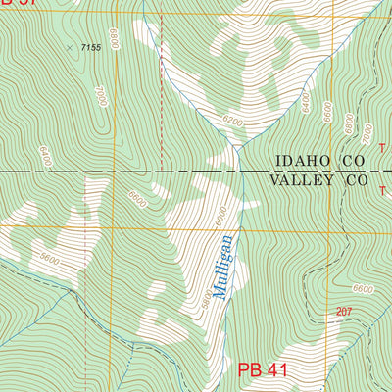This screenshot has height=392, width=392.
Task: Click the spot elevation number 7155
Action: [x=91, y=47]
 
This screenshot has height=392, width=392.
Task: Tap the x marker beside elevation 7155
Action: [x=70, y=46]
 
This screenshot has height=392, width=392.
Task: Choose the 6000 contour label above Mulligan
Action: [x=220, y=214]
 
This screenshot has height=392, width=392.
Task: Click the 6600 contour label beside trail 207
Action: [x=363, y=289]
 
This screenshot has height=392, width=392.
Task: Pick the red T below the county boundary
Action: [x=381, y=190]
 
